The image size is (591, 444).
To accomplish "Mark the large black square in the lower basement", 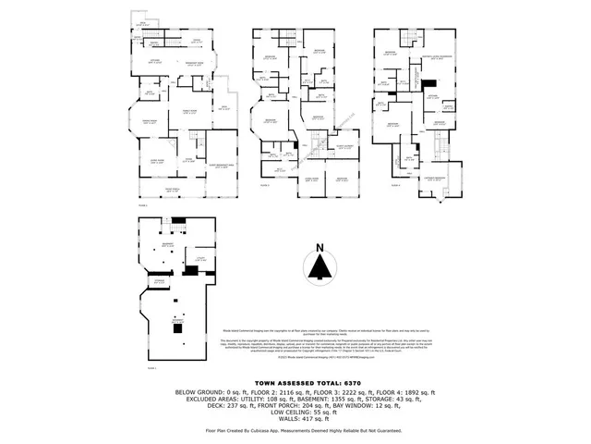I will pos(176,327).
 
